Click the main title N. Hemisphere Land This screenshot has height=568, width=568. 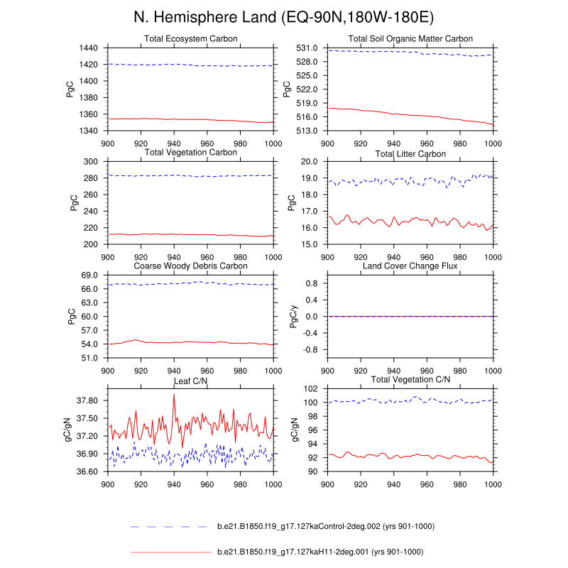[x=284, y=16]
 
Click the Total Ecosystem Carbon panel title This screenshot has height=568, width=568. [x=190, y=38]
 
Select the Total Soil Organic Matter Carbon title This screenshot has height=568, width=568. [x=410, y=38]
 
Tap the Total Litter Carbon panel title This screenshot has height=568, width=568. [x=410, y=153]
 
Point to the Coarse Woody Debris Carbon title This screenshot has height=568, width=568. [x=190, y=266]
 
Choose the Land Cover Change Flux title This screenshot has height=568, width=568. [x=410, y=266]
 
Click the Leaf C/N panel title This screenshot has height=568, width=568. [x=190, y=381]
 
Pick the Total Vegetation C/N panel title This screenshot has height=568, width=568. [x=410, y=381]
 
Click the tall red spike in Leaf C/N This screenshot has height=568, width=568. [x=174, y=395]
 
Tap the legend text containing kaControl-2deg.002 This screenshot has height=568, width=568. [x=325, y=526]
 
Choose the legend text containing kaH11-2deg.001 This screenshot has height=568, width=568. [x=319, y=552]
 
